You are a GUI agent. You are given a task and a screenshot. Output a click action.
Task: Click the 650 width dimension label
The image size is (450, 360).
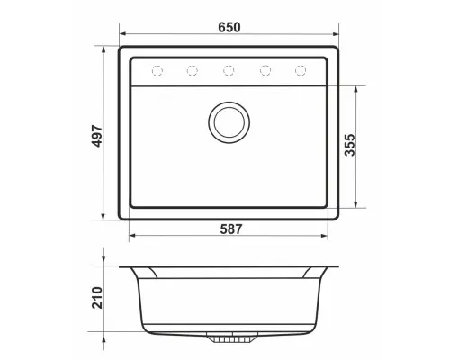tap(229, 27)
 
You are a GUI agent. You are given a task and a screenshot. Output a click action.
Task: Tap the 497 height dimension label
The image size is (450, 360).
tap(97, 136)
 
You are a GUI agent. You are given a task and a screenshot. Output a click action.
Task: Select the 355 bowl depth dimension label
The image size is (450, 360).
tap(350, 145)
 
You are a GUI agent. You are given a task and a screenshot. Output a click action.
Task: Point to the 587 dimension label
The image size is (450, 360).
tap(231, 229)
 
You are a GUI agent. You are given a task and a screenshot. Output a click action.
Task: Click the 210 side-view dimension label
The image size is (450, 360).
tap(97, 298)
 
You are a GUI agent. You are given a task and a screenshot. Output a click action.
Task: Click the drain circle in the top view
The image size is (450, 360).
tap(229, 122)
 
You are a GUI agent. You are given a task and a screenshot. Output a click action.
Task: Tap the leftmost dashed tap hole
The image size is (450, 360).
tap(157, 71)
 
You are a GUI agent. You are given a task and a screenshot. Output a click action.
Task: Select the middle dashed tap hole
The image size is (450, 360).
tap(229, 70)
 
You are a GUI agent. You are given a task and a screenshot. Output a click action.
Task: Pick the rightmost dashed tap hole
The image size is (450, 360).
tap(301, 70)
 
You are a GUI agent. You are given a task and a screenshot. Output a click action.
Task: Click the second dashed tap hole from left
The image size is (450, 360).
tap(193, 70)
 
